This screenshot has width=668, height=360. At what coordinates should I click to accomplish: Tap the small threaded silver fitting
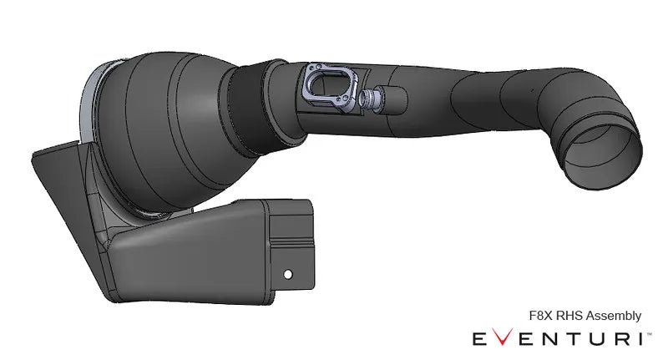coord(367,100)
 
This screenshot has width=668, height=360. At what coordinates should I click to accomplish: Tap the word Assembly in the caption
coord(614,316)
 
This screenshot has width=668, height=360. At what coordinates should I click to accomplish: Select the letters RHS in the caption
coord(570,316)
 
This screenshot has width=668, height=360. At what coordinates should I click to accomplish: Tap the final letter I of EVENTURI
coord(641,338)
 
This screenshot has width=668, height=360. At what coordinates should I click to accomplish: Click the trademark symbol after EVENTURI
coord(650,332)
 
